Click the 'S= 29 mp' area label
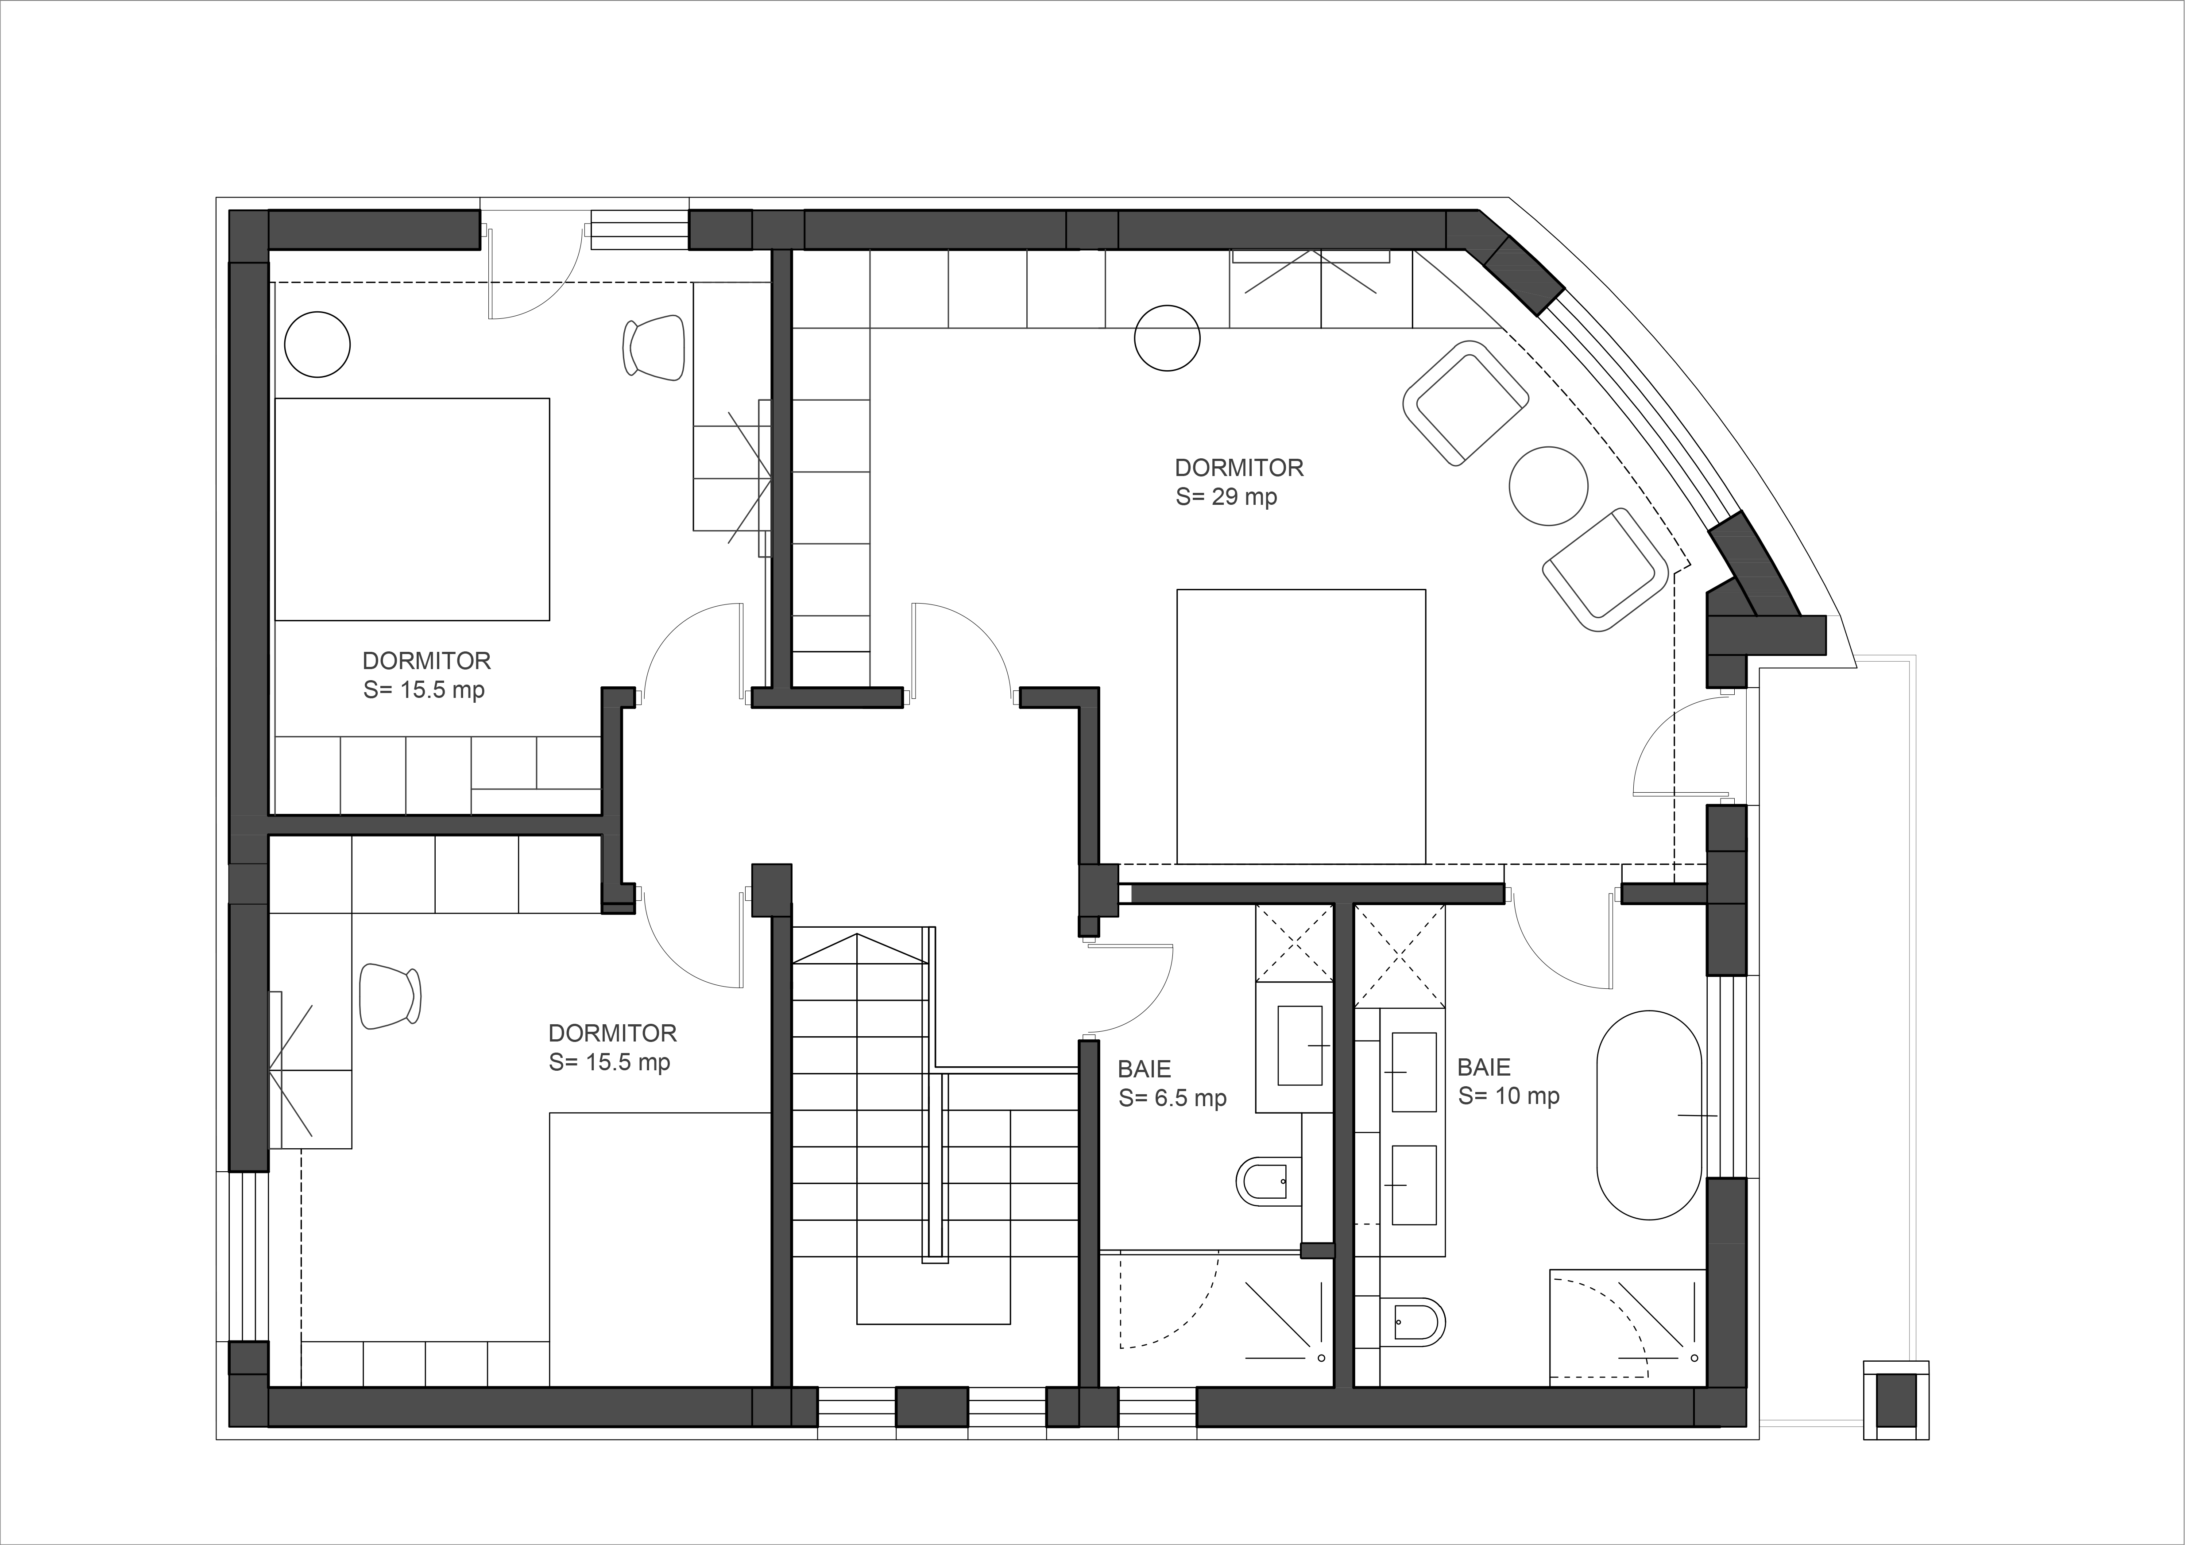pos(1226,497)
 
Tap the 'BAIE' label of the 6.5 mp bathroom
pos(1144,1069)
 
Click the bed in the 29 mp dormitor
pos(1301,726)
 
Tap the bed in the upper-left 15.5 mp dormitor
pos(412,509)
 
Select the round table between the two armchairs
pos(1548,485)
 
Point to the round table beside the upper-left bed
pos(318,344)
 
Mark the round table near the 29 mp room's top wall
pos(1168,337)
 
